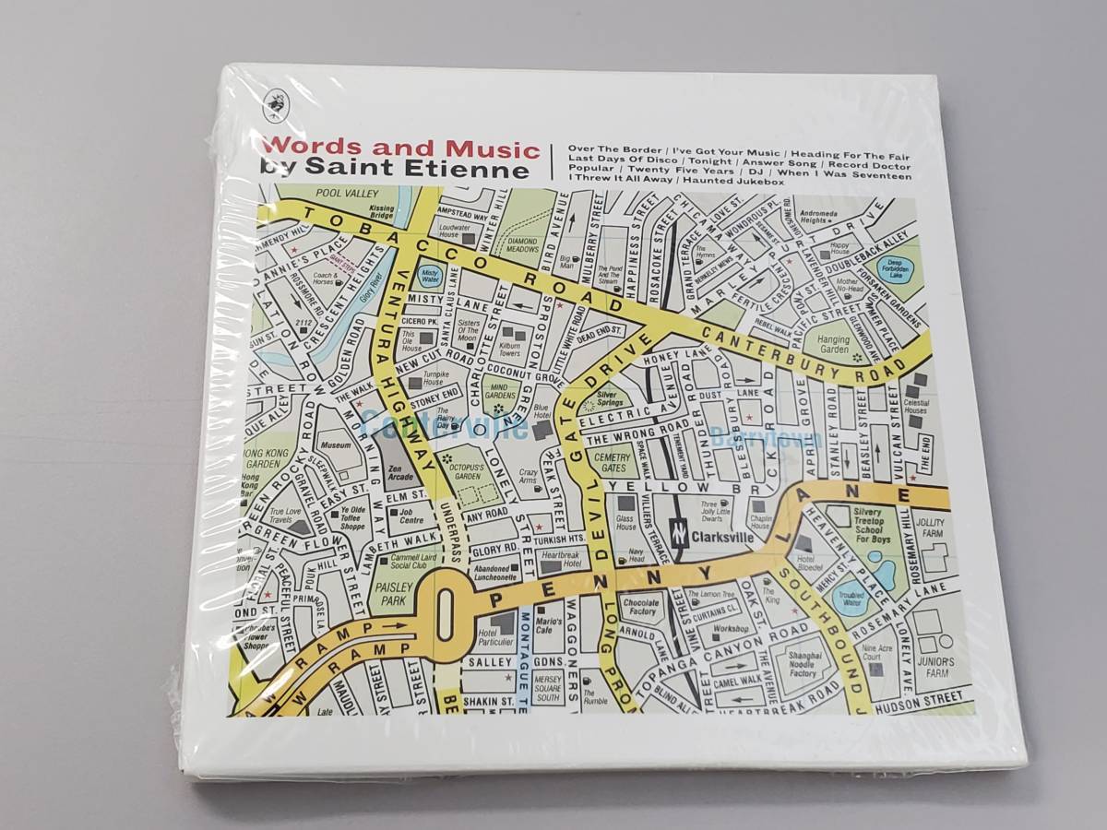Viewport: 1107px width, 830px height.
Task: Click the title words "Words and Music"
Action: [x=399, y=148]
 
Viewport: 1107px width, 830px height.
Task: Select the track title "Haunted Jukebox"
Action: [x=741, y=182]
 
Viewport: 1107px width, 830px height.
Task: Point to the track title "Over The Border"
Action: [x=615, y=149]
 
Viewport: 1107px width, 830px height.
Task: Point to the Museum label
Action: [x=336, y=445]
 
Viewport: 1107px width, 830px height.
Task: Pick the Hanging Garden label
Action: [x=833, y=344]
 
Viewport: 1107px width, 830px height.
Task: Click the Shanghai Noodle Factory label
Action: [x=803, y=667]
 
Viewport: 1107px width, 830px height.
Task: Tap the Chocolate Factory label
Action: [x=640, y=606]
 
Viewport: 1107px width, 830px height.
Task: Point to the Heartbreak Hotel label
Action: [x=561, y=559]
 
